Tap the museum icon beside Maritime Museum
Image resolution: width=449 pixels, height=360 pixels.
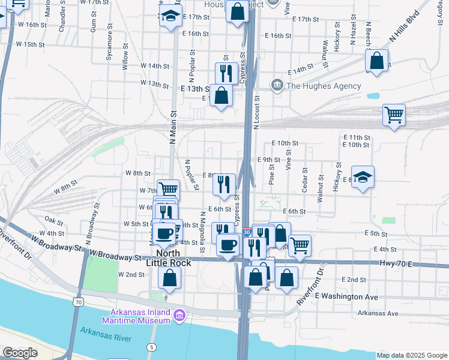179,315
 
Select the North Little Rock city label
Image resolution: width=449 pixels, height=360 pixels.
165,259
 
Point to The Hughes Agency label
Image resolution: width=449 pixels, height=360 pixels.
324,86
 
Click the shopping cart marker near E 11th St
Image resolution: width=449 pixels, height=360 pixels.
394,114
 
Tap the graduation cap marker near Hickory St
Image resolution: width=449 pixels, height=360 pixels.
363,177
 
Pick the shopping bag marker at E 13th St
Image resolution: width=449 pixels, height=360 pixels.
221,95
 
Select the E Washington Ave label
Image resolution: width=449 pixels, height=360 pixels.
346,296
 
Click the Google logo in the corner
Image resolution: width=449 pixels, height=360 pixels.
20,353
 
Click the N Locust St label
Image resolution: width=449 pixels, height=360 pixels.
256,114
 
